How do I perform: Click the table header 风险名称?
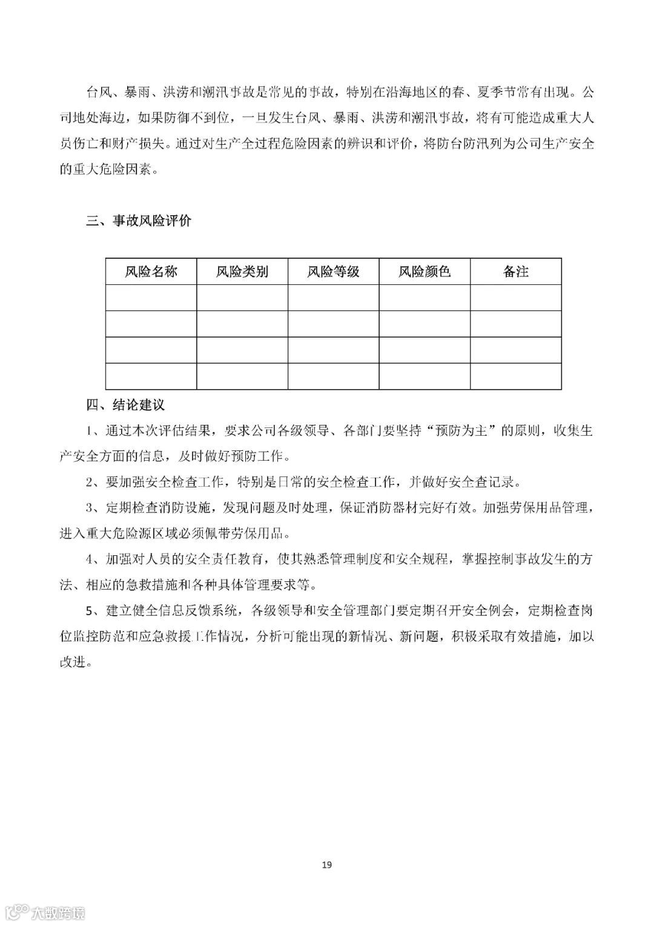point(151,272)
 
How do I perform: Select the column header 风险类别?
point(242,272)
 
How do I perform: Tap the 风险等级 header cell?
point(333,272)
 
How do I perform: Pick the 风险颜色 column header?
point(424,272)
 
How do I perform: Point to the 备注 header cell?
point(515,272)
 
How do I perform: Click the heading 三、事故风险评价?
point(139,221)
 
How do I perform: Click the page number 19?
point(327,864)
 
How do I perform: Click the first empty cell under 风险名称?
point(151,298)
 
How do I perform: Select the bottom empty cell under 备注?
point(515,376)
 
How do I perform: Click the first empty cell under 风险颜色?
point(424,298)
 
